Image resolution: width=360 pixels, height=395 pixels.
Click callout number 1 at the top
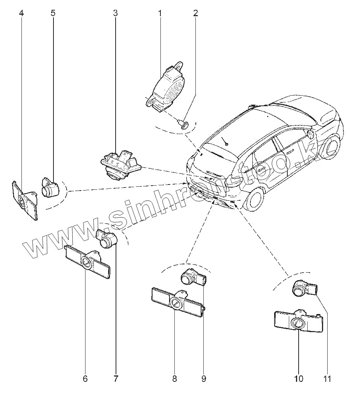click(x=160, y=14)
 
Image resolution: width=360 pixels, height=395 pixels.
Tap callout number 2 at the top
click(x=195, y=14)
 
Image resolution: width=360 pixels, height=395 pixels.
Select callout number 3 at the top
click(x=115, y=14)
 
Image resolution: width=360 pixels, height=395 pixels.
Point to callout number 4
click(x=21, y=14)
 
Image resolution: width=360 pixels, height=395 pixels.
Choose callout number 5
click(x=53, y=14)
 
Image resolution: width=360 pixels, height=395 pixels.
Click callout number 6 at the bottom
click(x=85, y=378)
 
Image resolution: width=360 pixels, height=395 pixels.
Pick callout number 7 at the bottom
click(x=116, y=378)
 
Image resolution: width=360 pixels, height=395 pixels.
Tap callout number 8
click(x=174, y=378)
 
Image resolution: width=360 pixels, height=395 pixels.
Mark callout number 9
click(x=204, y=378)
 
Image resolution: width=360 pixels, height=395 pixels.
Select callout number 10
click(x=298, y=378)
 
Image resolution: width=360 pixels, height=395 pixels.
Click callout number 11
click(x=328, y=378)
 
